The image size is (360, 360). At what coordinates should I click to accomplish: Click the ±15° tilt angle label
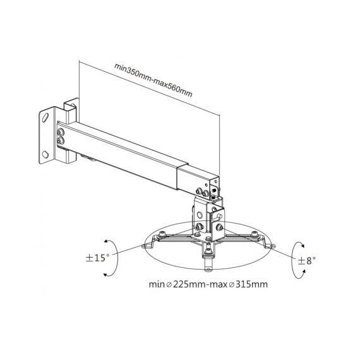97,258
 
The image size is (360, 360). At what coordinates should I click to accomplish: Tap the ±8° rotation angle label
307,260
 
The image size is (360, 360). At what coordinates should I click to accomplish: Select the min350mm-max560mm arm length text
153,80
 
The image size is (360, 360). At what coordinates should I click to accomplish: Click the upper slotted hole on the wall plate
45,117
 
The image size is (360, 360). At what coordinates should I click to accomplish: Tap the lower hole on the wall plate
45,154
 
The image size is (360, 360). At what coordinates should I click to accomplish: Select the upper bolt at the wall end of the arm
61,133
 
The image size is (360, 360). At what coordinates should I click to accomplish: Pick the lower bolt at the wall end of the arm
61,140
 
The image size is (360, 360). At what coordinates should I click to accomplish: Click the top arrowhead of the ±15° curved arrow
106,241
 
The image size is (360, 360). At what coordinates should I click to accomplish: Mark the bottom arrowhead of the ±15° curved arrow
105,275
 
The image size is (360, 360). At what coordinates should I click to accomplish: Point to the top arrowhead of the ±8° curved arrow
303,246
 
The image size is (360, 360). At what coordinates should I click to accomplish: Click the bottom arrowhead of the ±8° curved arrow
304,272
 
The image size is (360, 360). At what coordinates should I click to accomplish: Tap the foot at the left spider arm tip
145,246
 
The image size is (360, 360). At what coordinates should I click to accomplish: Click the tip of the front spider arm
208,269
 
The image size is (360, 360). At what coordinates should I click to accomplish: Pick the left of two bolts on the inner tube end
198,191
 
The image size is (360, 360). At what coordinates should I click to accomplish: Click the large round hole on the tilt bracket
200,215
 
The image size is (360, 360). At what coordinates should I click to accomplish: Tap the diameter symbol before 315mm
232,285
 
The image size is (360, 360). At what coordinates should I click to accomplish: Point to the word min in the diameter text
157,284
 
